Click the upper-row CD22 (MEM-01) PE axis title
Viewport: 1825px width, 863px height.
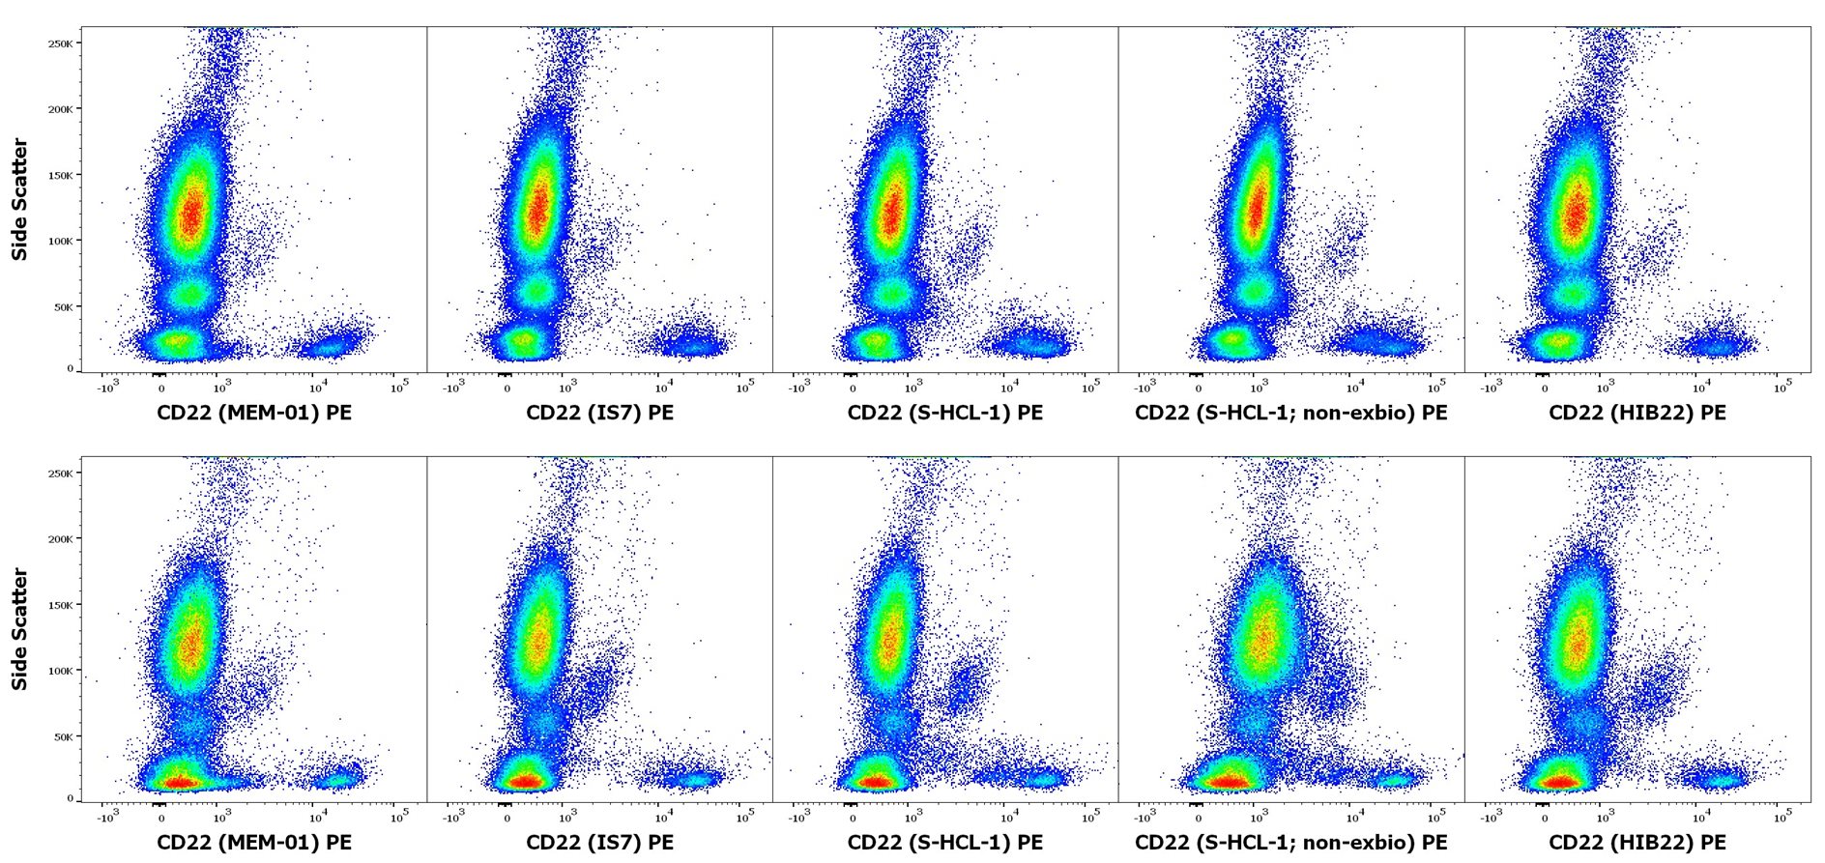[254, 413]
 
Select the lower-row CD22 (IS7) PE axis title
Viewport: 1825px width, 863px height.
[599, 843]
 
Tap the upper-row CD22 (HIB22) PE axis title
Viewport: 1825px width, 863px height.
[1637, 413]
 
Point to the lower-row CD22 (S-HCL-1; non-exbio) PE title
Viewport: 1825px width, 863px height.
[1290, 843]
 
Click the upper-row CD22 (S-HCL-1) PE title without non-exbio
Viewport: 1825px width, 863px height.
[944, 413]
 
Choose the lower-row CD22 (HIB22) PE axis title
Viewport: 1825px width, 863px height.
[1637, 843]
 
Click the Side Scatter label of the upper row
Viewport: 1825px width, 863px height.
[19, 199]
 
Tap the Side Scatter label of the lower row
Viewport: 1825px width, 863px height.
[19, 628]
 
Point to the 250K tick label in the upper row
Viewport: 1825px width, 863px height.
[61, 43]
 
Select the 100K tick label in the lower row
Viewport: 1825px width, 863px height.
[61, 671]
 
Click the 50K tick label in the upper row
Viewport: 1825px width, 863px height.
[63, 307]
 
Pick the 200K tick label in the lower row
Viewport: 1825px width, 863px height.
[61, 539]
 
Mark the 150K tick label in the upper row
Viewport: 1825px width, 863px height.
[61, 176]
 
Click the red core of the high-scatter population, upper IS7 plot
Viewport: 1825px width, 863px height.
[537, 208]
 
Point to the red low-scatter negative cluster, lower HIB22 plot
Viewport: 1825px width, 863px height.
[1559, 781]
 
